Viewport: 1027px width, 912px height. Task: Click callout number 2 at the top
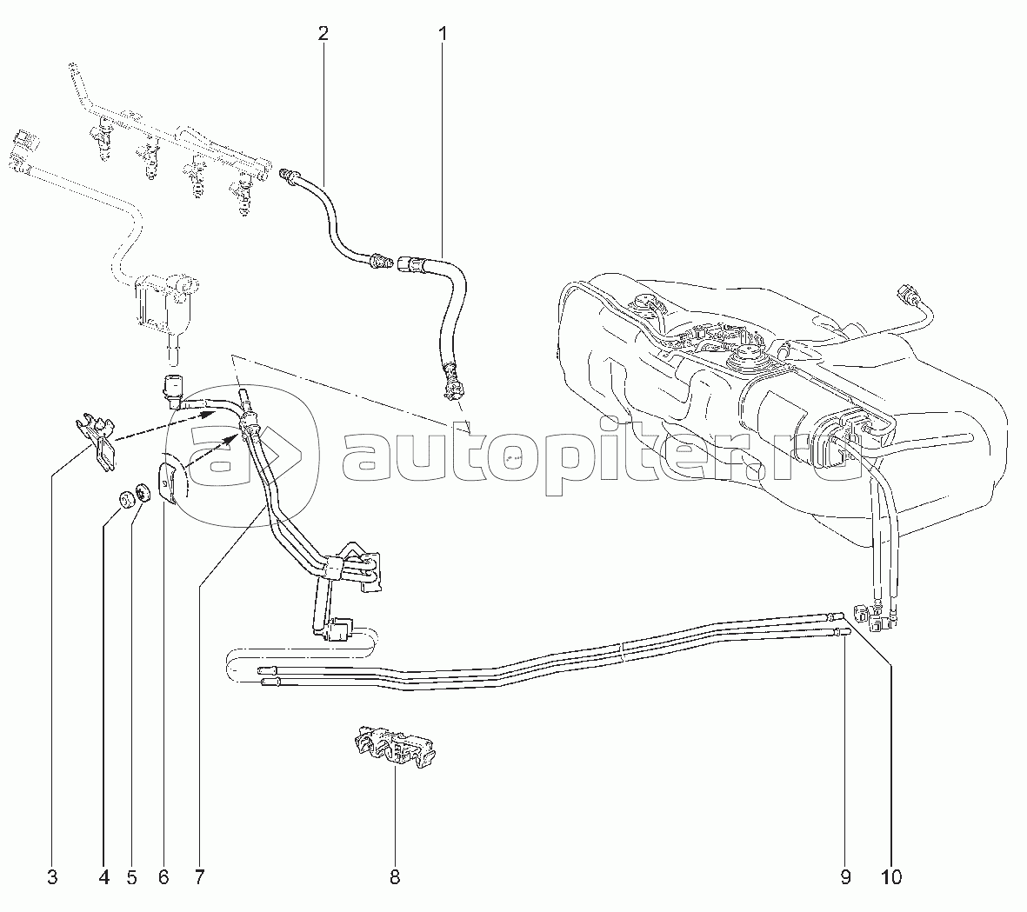click(x=323, y=35)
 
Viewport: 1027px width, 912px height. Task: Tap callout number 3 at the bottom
click(x=52, y=878)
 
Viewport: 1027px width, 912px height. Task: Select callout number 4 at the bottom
click(x=103, y=878)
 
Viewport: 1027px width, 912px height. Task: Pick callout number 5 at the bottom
click(x=132, y=878)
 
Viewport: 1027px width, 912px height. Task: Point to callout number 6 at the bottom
click(x=163, y=878)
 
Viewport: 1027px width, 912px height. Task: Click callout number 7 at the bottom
click(x=198, y=878)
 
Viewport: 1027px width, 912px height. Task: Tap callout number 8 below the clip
click(x=395, y=878)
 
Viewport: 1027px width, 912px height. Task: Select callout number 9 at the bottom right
click(x=845, y=878)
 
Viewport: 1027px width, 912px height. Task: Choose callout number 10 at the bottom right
click(x=891, y=878)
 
